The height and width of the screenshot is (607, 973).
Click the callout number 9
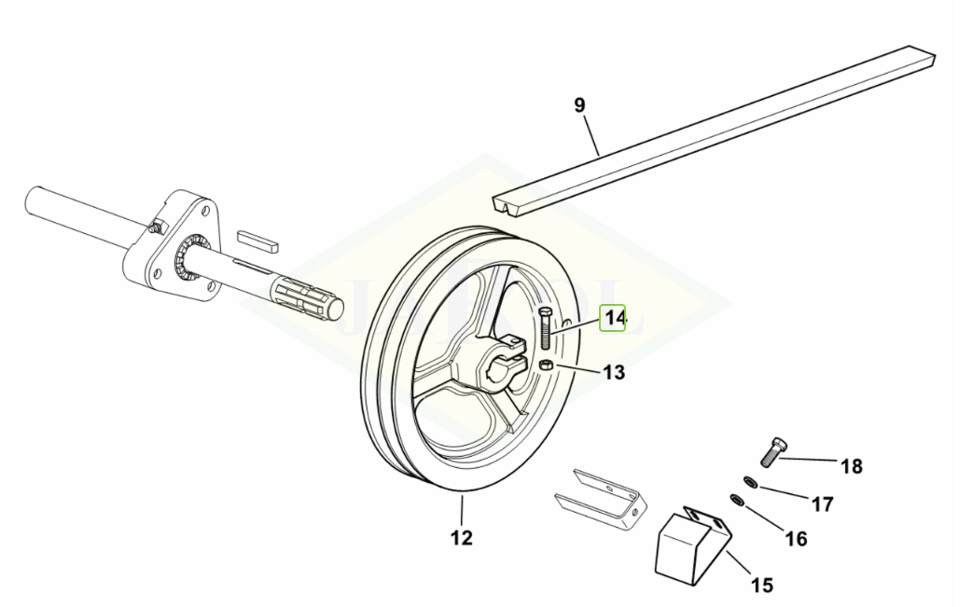coord(579,104)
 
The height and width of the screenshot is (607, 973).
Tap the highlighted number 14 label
coord(614,319)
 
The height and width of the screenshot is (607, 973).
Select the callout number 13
coord(613,373)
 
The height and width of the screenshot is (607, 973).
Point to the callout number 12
coord(461,538)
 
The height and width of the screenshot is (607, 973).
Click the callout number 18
coord(851,466)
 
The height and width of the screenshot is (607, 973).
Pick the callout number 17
coord(821,504)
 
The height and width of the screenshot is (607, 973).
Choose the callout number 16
coord(795,538)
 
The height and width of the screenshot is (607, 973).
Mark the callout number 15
coord(761,586)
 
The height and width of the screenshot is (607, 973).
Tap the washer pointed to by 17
coord(750,481)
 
